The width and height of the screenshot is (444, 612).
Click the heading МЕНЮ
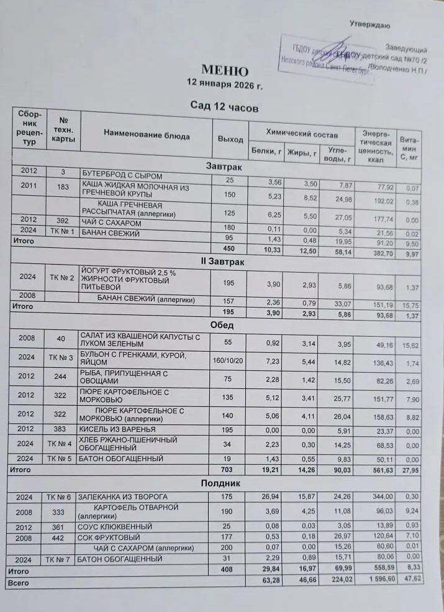point(225,71)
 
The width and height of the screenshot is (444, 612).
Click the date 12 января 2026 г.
point(225,84)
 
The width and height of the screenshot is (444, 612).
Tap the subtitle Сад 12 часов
point(224,107)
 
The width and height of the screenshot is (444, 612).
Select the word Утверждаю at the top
point(369,25)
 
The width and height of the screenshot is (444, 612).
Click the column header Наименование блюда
point(147,135)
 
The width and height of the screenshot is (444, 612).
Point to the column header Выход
point(230,139)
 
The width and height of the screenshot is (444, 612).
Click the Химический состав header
point(302,134)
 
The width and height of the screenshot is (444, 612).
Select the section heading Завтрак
point(224,167)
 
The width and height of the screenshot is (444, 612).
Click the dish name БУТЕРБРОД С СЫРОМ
point(122,176)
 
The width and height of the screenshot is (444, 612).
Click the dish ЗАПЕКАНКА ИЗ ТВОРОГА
point(122,497)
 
